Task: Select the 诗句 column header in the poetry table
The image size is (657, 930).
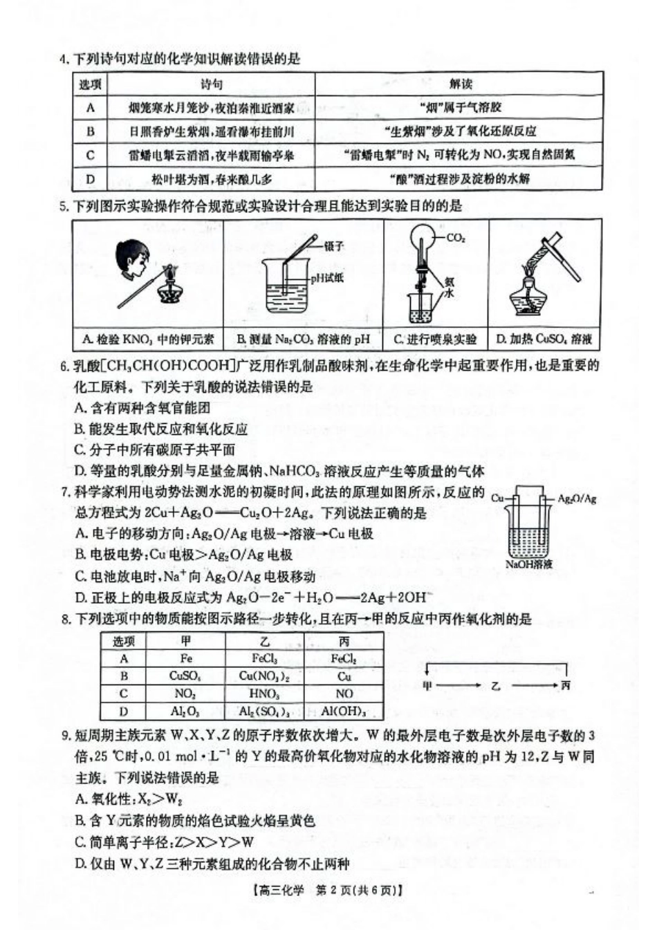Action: (212, 84)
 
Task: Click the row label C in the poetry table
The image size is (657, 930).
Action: (91, 155)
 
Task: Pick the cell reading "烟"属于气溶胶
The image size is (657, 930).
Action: (460, 107)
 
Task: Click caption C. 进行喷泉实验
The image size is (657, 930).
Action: (435, 340)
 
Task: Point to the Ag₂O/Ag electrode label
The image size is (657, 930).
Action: (576, 498)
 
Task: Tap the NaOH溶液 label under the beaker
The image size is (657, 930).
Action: (529, 564)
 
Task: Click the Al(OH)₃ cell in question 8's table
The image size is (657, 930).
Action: (344, 711)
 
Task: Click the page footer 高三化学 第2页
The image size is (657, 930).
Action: (328, 891)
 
